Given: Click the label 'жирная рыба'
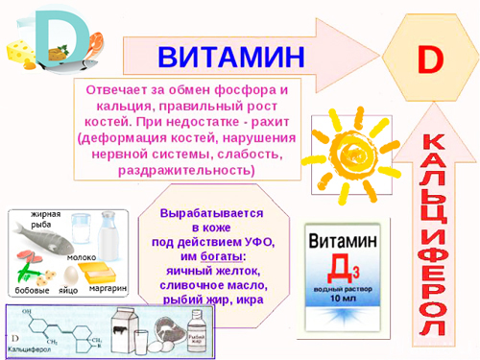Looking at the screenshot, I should pyautogui.click(x=45, y=220).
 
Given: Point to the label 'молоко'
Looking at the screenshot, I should pyautogui.click(x=81, y=257).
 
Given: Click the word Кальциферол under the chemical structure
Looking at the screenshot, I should pyautogui.click(x=30, y=353).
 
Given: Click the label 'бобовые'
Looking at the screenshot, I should pyautogui.click(x=33, y=289).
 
